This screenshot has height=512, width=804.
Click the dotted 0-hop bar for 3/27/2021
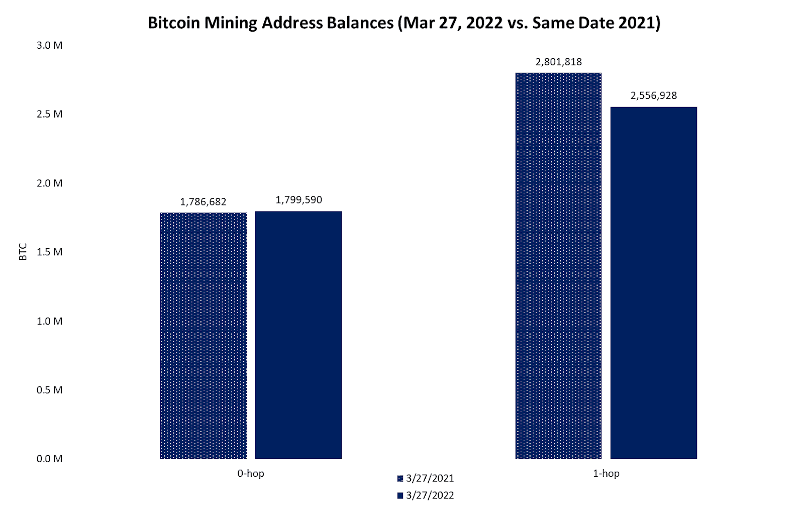(203, 335)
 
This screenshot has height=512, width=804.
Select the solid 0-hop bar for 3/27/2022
(298, 335)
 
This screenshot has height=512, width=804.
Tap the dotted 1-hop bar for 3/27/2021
(558, 265)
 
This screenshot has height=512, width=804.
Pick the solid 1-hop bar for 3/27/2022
(653, 282)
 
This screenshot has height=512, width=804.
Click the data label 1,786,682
(203, 202)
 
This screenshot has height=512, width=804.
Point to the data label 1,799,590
(298, 200)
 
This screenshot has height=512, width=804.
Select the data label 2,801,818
(558, 62)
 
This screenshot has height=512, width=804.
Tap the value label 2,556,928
(653, 95)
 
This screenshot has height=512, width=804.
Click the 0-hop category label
(251, 473)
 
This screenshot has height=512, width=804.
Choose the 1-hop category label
(606, 473)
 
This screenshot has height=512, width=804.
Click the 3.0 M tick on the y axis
(49, 45)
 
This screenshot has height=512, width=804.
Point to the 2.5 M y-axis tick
(49, 114)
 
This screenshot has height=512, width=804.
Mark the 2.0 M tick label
(49, 183)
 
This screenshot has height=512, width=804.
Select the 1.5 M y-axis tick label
(49, 252)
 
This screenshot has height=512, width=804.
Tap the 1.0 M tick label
(49, 321)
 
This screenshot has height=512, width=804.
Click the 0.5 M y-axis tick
(49, 390)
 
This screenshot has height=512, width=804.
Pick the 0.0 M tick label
(49, 459)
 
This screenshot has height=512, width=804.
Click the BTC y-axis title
(23, 252)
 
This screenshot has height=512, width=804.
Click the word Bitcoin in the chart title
(174, 23)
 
